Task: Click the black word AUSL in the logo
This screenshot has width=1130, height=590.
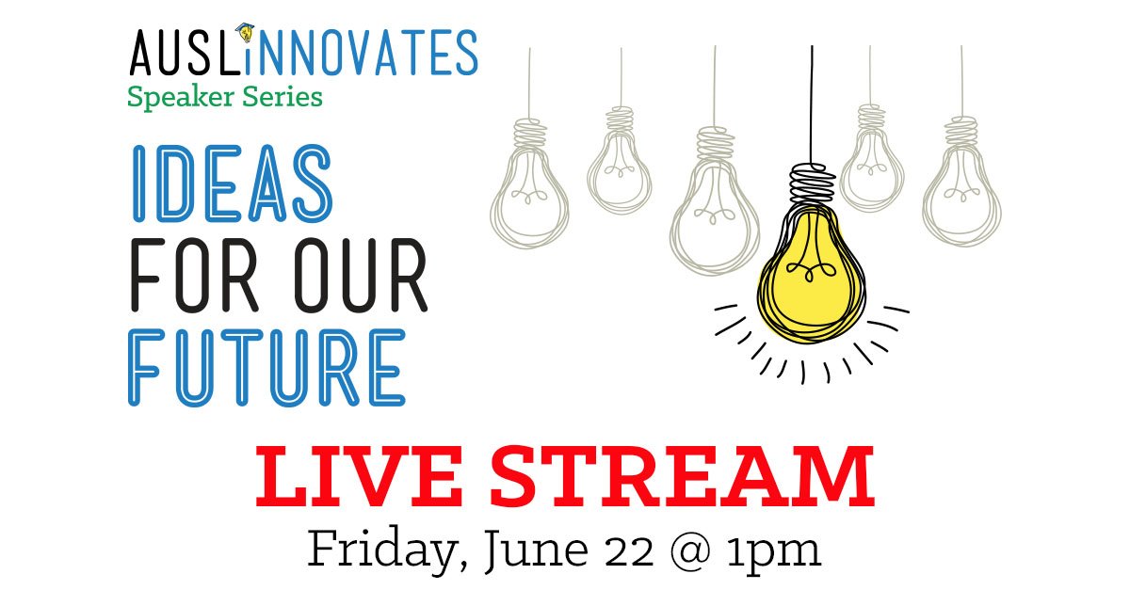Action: pyautogui.click(x=185, y=53)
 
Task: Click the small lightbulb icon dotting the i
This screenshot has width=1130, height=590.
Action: pyautogui.click(x=246, y=33)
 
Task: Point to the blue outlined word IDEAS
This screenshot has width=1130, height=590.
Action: pyautogui.click(x=232, y=183)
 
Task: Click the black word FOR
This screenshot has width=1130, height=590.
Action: pyautogui.click(x=194, y=275)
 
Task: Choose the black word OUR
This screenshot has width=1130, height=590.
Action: pyautogui.click(x=361, y=275)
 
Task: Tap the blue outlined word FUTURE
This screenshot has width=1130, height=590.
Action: pyautogui.click(x=266, y=368)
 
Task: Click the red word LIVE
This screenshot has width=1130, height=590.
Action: pyautogui.click(x=359, y=476)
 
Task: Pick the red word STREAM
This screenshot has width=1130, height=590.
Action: pyautogui.click(x=683, y=476)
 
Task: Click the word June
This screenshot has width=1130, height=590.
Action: pyautogui.click(x=536, y=550)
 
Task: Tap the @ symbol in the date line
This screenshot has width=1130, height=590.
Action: pyautogui.click(x=690, y=551)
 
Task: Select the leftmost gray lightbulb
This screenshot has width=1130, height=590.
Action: pyautogui.click(x=529, y=184)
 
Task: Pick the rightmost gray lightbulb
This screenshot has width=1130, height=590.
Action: pyautogui.click(x=962, y=182)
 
